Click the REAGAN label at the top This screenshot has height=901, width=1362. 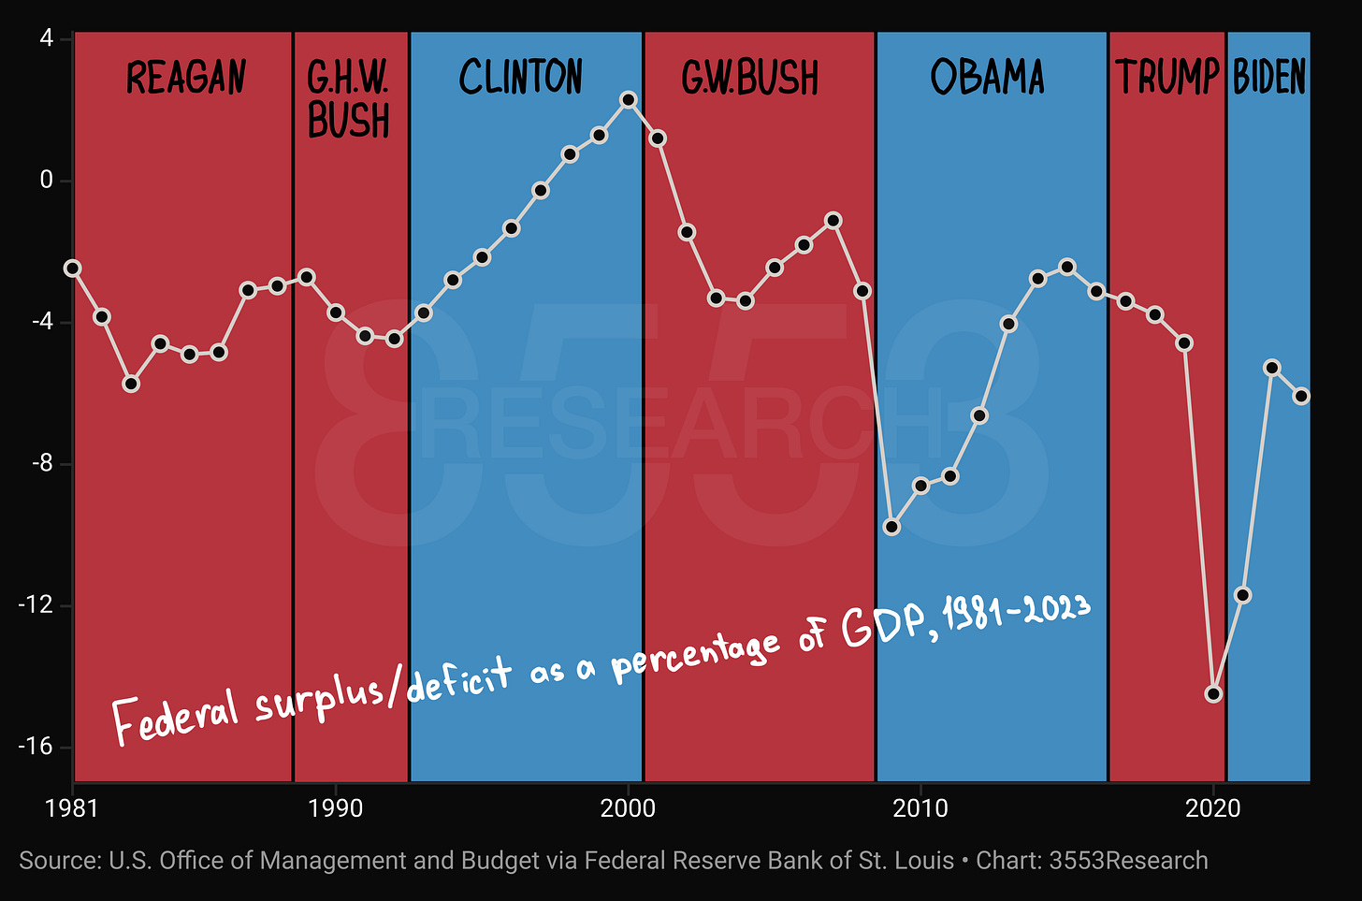(x=185, y=77)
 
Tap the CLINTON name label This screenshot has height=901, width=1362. (x=520, y=77)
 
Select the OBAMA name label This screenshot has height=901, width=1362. (x=988, y=77)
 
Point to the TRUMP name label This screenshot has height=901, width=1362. (x=1166, y=77)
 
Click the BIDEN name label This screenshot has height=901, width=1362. (x=1269, y=77)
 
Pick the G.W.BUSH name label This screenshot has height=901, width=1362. (x=749, y=78)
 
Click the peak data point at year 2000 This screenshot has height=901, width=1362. (x=629, y=100)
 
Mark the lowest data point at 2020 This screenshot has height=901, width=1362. (x=1213, y=693)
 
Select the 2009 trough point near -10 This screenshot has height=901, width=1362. (x=892, y=527)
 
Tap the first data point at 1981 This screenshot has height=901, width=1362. (x=73, y=269)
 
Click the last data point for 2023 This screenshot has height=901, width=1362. (x=1301, y=396)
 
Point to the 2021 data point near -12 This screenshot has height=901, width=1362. (x=1243, y=595)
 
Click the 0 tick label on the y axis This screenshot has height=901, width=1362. (x=47, y=180)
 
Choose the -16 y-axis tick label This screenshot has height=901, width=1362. (x=36, y=746)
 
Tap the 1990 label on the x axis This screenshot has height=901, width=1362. (x=335, y=808)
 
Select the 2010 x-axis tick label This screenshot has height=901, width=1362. (x=920, y=808)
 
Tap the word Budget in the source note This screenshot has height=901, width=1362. (x=500, y=861)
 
